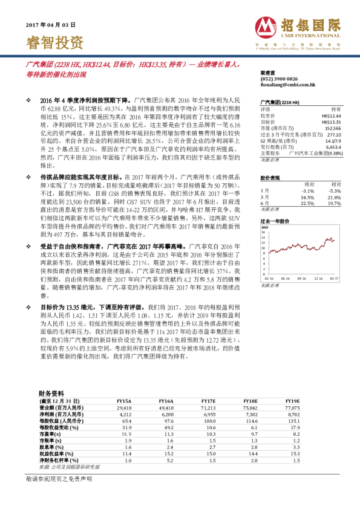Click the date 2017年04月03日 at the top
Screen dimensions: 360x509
[50, 25]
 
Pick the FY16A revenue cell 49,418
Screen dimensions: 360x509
[166, 407]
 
